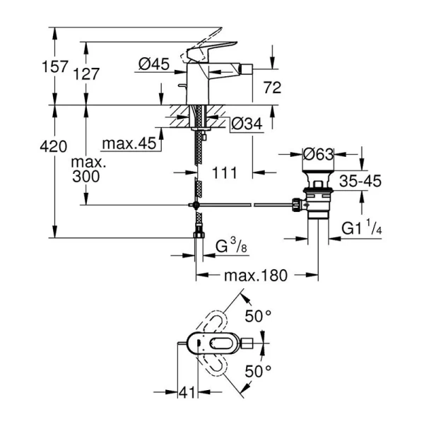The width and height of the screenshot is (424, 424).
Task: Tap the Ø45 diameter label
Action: click(153, 64)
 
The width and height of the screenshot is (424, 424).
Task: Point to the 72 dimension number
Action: click(272, 88)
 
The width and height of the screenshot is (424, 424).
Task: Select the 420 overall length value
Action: click(53, 147)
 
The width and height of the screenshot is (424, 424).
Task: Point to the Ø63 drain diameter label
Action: click(318, 154)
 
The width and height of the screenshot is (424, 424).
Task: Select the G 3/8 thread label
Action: click(230, 247)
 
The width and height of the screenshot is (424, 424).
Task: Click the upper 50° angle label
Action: click(258, 316)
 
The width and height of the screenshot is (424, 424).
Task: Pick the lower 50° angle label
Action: click(258, 370)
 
